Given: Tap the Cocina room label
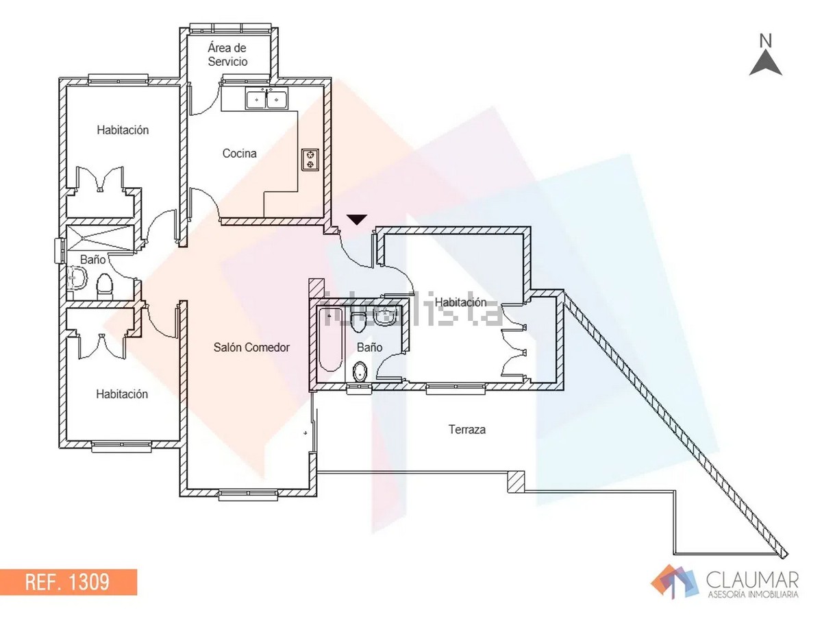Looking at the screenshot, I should [240, 154].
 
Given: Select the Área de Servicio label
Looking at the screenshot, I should [228, 55].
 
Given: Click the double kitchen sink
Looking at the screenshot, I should [266, 100].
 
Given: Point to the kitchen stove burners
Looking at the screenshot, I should [310, 160].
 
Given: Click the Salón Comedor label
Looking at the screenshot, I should [251, 348].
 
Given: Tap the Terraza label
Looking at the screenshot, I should [467, 430].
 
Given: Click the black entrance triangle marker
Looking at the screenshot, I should [356, 219].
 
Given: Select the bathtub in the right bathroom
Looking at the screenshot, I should [329, 339].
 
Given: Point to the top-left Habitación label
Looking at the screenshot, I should [123, 130].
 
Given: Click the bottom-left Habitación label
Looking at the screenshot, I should [122, 394].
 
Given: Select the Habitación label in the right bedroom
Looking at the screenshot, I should [460, 302].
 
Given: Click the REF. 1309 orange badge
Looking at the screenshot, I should [68, 582].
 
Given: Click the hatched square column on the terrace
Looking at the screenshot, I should [516, 482].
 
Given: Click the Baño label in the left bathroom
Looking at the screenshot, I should [93, 261].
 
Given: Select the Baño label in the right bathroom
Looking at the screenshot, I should [369, 348].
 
